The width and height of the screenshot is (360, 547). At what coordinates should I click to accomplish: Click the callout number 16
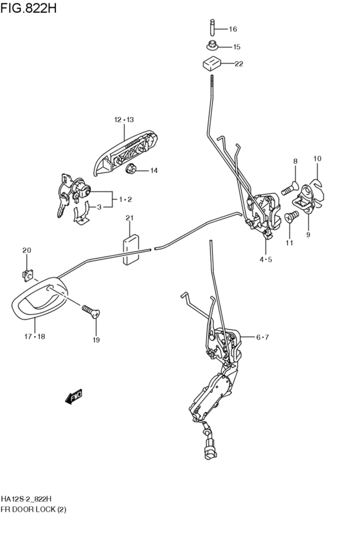[x=233, y=29]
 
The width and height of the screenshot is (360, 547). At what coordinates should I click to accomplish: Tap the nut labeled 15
[x=212, y=46]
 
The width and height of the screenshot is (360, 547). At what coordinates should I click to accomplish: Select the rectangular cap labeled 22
[x=212, y=64]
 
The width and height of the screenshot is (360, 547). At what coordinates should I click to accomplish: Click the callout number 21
[x=130, y=219]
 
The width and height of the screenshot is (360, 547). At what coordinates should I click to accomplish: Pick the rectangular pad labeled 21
[x=130, y=250]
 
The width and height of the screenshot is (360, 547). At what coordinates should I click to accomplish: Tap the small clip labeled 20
[x=27, y=275]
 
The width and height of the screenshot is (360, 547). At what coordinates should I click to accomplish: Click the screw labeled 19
[x=91, y=311]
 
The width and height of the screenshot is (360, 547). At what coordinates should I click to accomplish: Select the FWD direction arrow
[x=73, y=397]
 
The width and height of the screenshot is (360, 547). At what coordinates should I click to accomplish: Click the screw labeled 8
[x=289, y=187]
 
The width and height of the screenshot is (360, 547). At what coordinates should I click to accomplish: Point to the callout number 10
[x=317, y=159]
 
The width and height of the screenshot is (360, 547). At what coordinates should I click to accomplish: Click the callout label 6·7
[x=262, y=337]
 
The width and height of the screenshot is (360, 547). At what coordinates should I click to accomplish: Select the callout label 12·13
[x=124, y=120]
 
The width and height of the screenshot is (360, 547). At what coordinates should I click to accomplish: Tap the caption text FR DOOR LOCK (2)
[x=33, y=510]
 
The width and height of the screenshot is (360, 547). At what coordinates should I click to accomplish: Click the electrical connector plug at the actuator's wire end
[x=211, y=451]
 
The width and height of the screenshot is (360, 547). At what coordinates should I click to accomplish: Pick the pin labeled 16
[x=212, y=27]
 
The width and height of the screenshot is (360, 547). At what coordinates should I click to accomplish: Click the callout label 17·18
[x=35, y=337]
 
